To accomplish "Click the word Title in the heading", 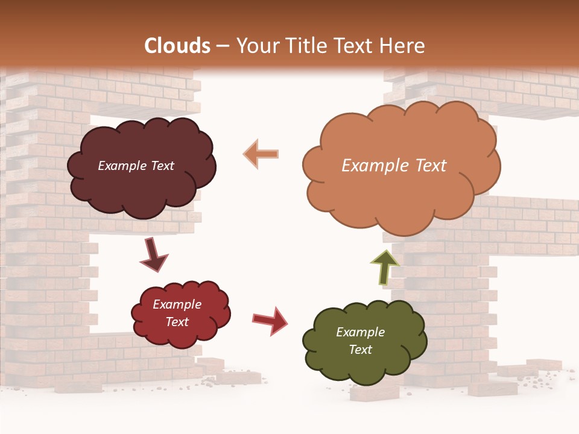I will tap(305, 46).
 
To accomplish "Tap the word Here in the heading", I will tap(403, 46).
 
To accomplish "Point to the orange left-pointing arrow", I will tap(261, 154).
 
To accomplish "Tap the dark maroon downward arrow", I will tap(153, 254).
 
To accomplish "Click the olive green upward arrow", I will tap(384, 266).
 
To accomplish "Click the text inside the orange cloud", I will tap(394, 166).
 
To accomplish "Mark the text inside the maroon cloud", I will tap(136, 166).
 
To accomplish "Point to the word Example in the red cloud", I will tap(177, 304).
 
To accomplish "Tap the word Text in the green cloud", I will tap(360, 350).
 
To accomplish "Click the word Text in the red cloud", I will tap(177, 322).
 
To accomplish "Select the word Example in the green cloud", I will tap(360, 332).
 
